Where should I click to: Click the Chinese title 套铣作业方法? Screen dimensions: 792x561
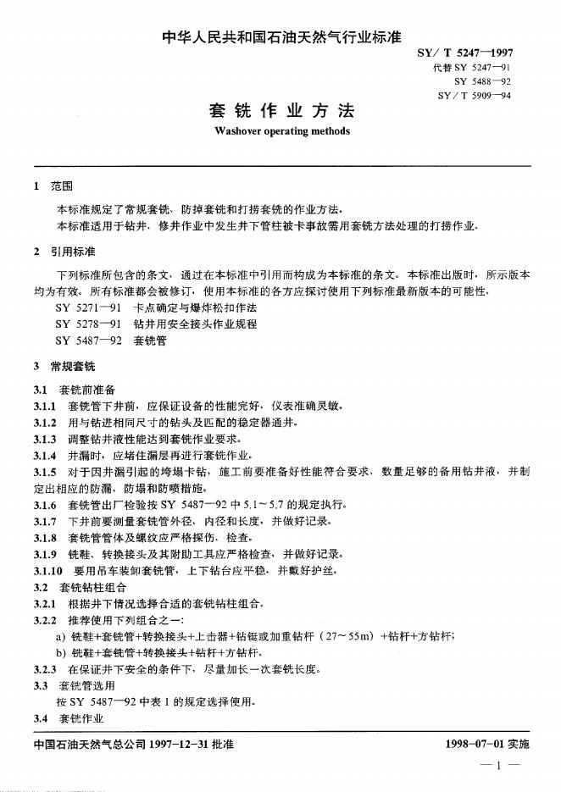281,111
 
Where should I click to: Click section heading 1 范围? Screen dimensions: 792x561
53,186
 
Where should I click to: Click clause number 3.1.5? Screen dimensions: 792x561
45,470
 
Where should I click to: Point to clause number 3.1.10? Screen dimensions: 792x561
47,571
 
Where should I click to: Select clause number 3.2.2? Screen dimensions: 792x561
45,620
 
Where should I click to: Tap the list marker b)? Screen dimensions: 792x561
60,653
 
